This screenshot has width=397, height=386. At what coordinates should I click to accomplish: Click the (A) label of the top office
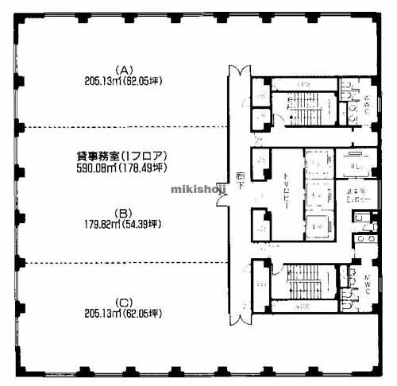click(122, 68)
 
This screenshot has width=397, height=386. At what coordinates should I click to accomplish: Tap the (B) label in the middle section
click(122, 212)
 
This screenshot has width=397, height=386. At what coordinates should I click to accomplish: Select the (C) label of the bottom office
click(122, 301)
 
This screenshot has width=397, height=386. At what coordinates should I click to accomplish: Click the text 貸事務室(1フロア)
click(121, 156)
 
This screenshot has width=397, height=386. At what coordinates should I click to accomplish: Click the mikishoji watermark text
click(198, 190)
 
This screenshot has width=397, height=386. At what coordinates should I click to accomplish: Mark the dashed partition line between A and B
click(119, 126)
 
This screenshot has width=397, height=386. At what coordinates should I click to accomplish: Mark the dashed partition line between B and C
click(119, 261)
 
